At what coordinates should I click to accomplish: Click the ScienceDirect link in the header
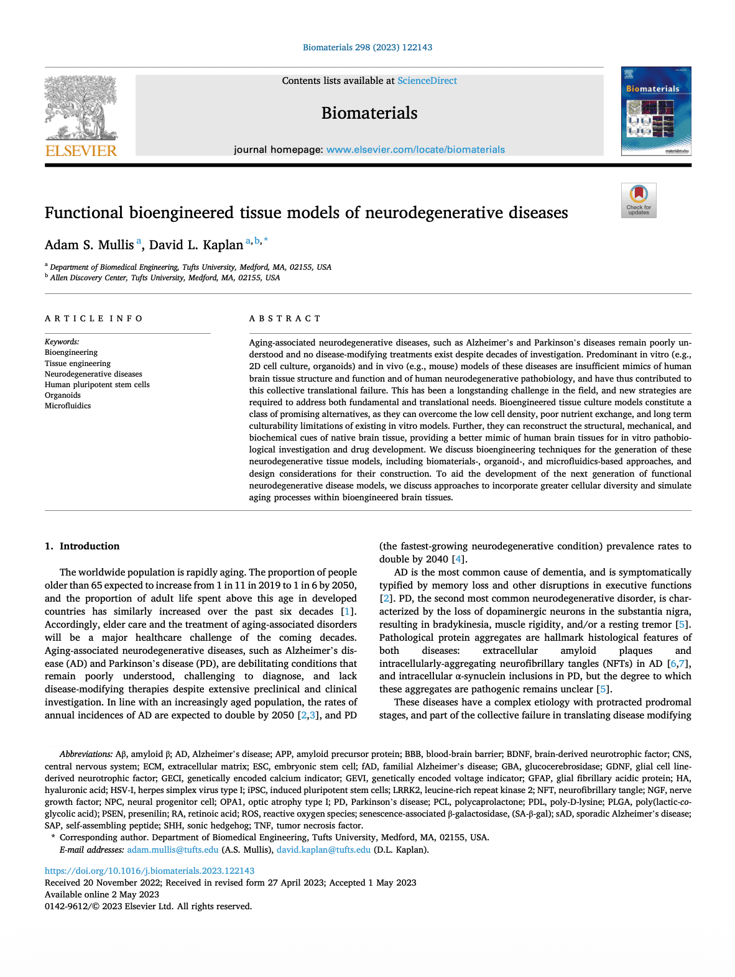tap(427, 81)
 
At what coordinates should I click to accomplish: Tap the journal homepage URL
tap(415, 150)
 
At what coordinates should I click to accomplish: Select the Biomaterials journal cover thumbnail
tap(655, 111)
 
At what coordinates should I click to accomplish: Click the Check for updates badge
tap(639, 200)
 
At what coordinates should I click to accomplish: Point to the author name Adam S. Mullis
tap(90, 245)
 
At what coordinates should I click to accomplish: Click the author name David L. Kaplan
tap(196, 245)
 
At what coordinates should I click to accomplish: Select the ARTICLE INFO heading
tap(94, 319)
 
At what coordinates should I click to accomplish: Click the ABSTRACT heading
tap(285, 319)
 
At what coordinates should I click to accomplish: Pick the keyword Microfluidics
tap(68, 406)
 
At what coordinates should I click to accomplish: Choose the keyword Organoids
tap(63, 395)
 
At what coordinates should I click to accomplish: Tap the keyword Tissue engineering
tap(78, 364)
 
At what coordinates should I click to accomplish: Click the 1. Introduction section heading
tap(82, 546)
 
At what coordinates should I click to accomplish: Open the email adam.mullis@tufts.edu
tap(173, 850)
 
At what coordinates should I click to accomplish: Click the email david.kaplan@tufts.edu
tap(323, 850)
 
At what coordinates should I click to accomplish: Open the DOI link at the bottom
tap(149, 871)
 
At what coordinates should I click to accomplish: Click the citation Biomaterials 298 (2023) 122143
tap(367, 47)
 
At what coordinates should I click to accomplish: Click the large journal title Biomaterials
tap(369, 113)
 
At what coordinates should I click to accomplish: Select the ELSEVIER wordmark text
tap(81, 151)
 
